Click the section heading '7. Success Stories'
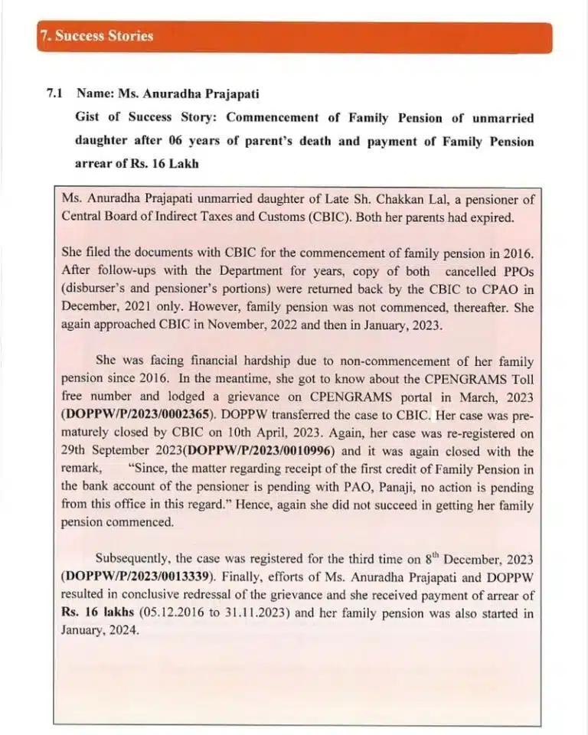pyautogui.click(x=96, y=36)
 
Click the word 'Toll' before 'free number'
pyautogui.click(x=523, y=379)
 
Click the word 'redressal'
pyautogui.click(x=202, y=596)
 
